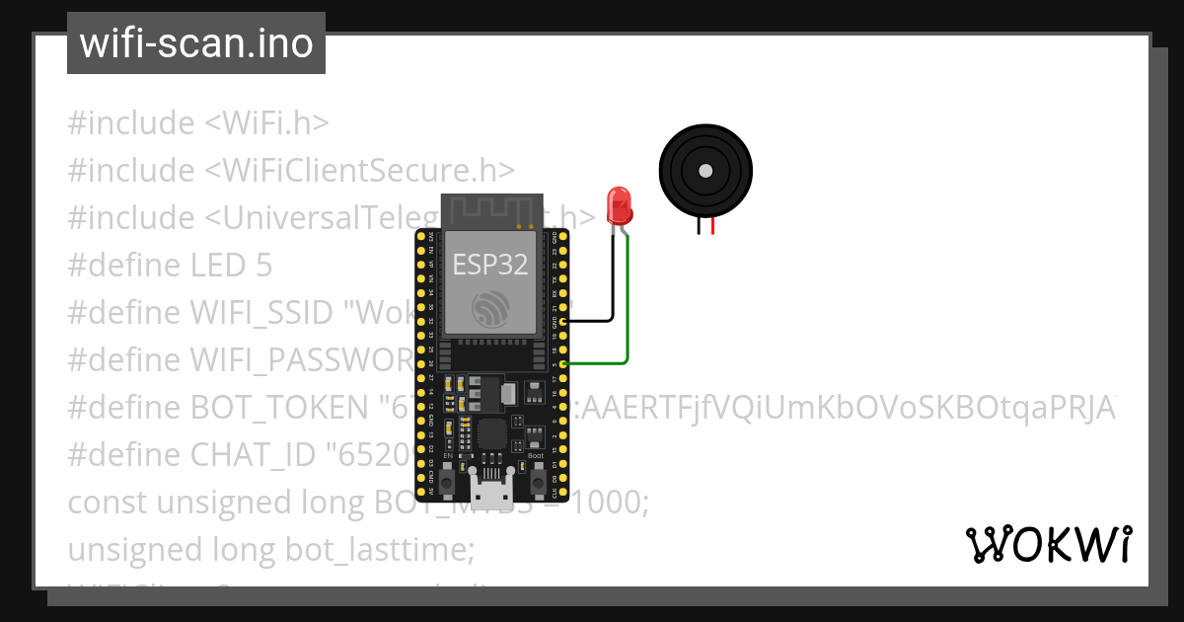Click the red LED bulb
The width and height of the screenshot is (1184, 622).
[620, 204]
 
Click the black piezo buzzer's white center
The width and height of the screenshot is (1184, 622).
[704, 171]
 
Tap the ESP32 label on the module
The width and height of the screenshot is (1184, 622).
[489, 264]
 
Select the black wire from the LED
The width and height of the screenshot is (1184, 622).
[613, 286]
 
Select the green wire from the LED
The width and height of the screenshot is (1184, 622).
[628, 316]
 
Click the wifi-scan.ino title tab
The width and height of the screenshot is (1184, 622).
[196, 43]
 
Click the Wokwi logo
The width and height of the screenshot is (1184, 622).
[1048, 544]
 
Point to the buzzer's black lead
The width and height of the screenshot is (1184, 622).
[700, 227]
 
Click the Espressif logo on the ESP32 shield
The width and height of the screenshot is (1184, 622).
[489, 310]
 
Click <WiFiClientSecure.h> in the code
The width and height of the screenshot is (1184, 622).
[359, 170]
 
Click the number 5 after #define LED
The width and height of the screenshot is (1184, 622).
[262, 265]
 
